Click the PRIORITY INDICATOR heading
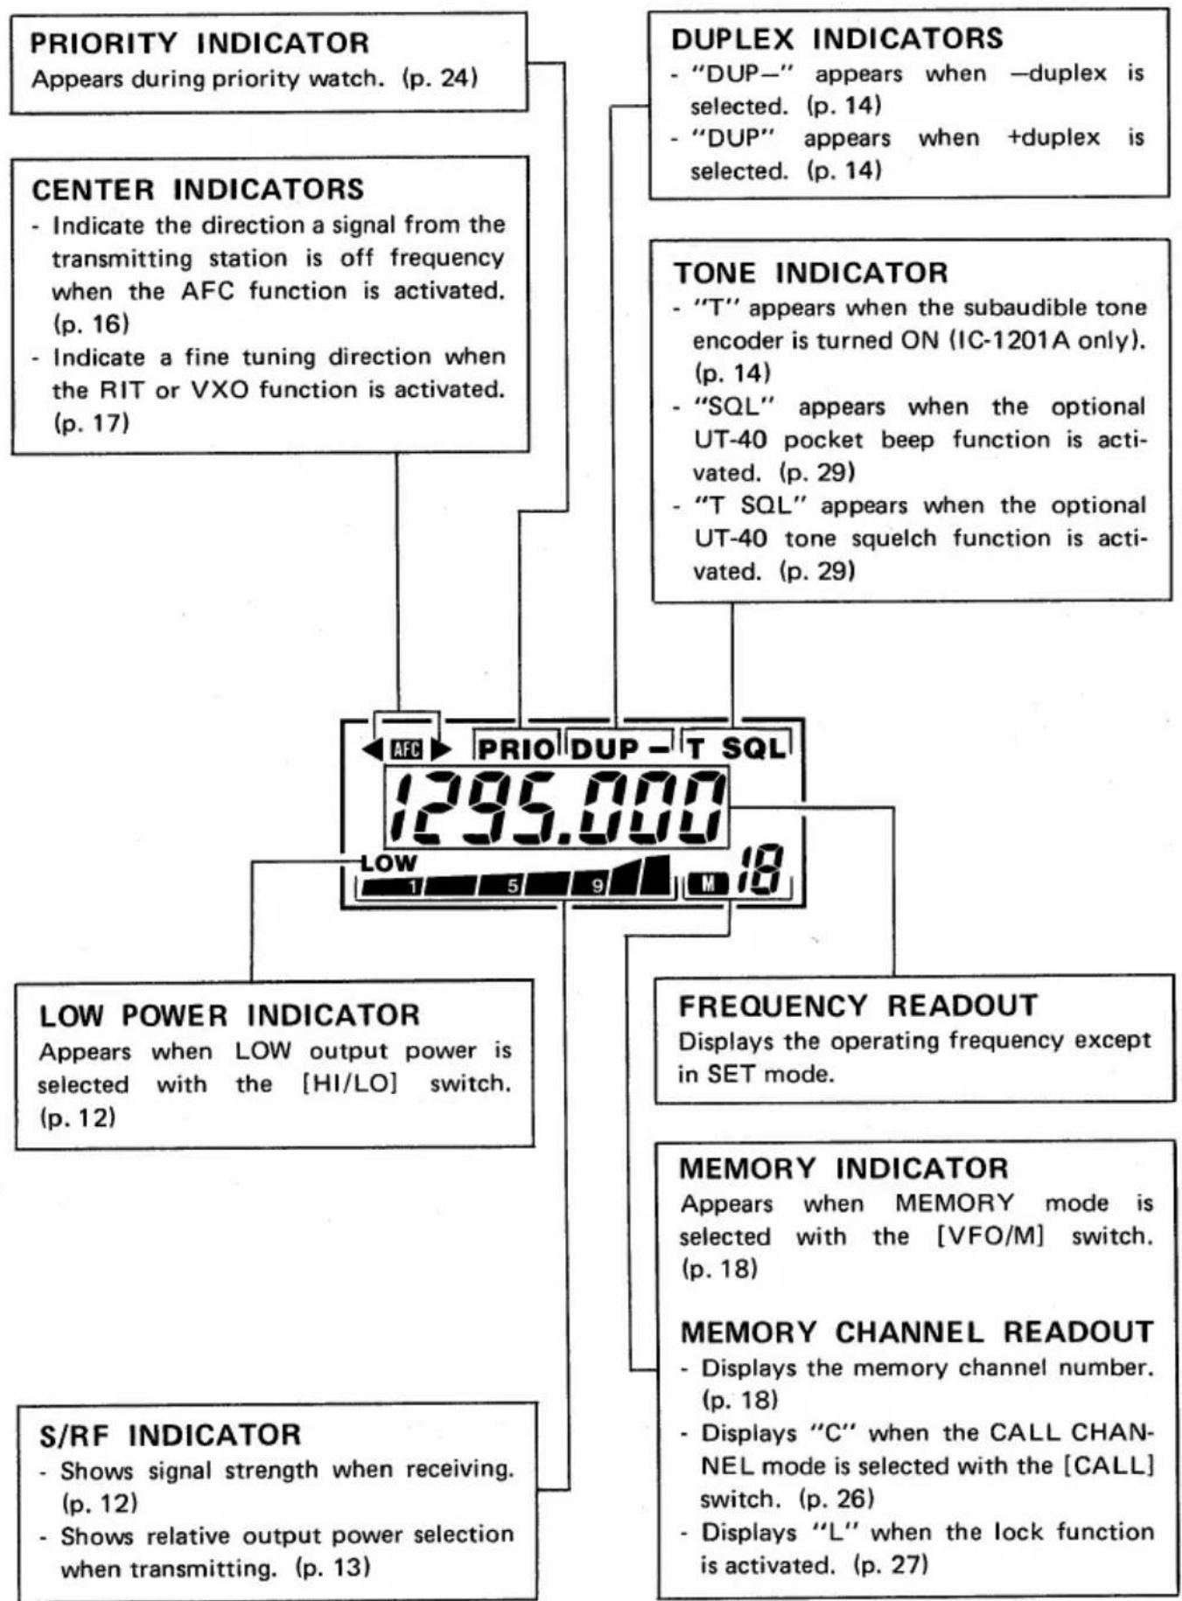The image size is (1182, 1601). pyautogui.click(x=199, y=43)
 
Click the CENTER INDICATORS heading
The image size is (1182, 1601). pyautogui.click(x=198, y=190)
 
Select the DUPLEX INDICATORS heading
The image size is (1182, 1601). pyautogui.click(x=837, y=38)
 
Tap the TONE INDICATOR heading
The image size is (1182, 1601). pyautogui.click(x=810, y=273)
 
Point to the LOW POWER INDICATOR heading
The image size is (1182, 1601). pyautogui.click(x=229, y=1015)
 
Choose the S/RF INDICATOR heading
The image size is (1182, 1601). pyautogui.click(x=171, y=1435)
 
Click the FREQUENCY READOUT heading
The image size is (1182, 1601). pyautogui.click(x=857, y=1006)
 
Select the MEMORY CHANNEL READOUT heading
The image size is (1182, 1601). pyautogui.click(x=917, y=1332)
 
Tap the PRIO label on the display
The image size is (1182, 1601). pyautogui.click(x=516, y=748)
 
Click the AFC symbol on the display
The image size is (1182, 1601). pyautogui.click(x=407, y=749)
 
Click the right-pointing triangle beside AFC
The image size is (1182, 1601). pyautogui.click(x=440, y=749)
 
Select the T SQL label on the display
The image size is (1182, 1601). pyautogui.click(x=737, y=748)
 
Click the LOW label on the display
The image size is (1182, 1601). pyautogui.click(x=389, y=863)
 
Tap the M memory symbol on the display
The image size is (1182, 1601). pyautogui.click(x=709, y=884)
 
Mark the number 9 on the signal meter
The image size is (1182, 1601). pyautogui.click(x=598, y=887)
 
